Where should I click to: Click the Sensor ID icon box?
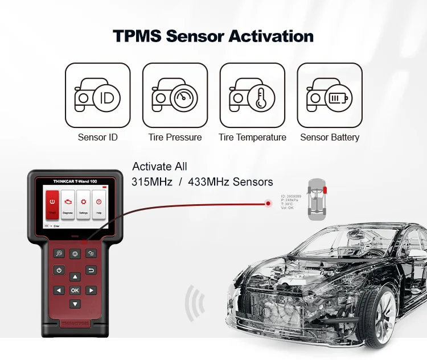(x=97, y=95)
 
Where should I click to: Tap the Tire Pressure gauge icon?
(x=175, y=95)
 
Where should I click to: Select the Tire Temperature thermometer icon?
(x=252, y=95)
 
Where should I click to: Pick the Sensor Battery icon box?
(x=330, y=95)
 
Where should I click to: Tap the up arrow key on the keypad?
(x=75, y=277)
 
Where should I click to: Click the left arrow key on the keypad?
(x=59, y=290)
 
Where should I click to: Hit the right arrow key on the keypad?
(x=91, y=290)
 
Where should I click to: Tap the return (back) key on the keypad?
(x=91, y=270)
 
